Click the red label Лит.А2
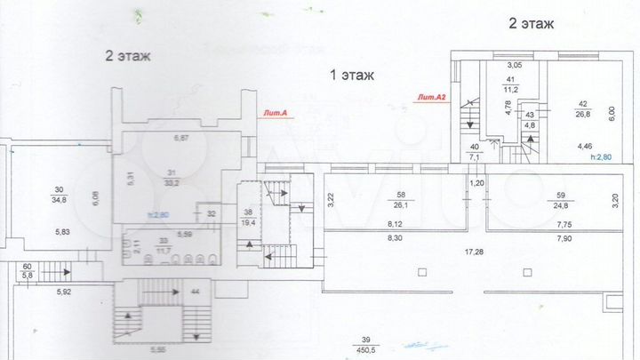[x=430, y=97]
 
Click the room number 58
[x=401, y=195]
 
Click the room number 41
[x=511, y=80]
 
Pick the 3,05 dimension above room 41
[x=515, y=65]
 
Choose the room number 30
[x=60, y=189]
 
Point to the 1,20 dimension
[x=476, y=182]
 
